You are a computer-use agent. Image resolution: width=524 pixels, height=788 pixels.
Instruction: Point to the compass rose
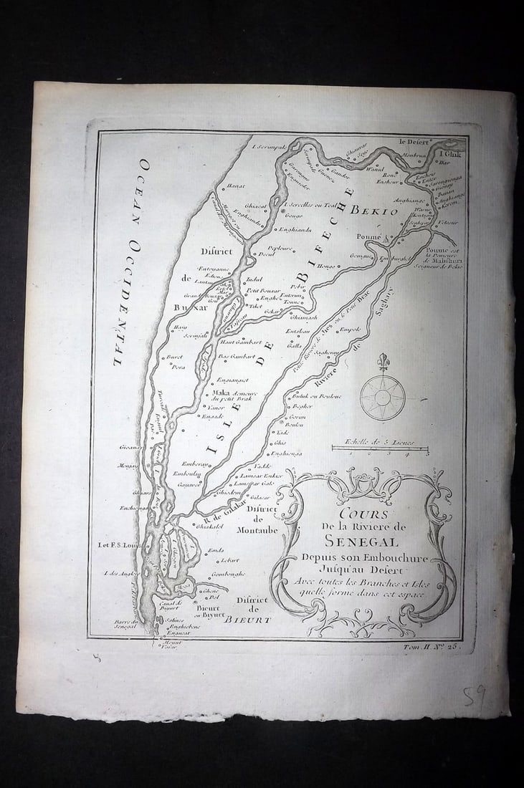(382, 396)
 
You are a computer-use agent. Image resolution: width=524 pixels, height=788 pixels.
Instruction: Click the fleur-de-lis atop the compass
(383, 360)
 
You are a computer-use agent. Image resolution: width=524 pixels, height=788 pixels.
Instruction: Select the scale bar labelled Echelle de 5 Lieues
(380, 448)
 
